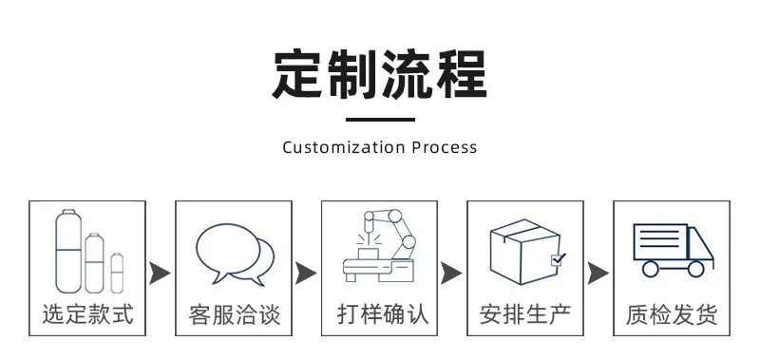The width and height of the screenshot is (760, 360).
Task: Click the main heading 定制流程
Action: click(x=380, y=74)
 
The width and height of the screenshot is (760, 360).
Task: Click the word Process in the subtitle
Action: click(x=445, y=147)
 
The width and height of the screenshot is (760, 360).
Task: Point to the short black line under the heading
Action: click(x=380, y=119)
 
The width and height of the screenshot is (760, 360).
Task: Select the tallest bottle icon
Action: click(x=68, y=251)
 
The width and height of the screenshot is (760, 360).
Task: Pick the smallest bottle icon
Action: click(x=117, y=273)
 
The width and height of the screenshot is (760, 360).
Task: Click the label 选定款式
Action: click(x=87, y=314)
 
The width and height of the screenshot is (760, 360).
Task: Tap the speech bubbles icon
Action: click(x=235, y=254)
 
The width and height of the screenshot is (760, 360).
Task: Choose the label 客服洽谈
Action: click(x=235, y=315)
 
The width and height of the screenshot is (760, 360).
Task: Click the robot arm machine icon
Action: click(x=379, y=245)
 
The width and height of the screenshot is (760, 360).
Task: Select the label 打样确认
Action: click(x=383, y=314)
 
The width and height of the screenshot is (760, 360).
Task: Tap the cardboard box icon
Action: click(x=526, y=252)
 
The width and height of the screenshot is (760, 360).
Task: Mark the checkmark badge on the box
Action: click(x=558, y=259)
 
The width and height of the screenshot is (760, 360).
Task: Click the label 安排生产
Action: click(x=525, y=314)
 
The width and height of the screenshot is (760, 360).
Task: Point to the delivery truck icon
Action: click(x=674, y=250)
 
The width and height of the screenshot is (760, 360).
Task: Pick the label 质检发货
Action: click(x=672, y=315)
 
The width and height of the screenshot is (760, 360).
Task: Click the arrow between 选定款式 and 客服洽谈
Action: click(x=160, y=274)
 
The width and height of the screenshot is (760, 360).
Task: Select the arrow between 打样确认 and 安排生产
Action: click(x=450, y=274)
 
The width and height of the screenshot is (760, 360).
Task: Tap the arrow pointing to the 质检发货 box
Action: click(x=598, y=274)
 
